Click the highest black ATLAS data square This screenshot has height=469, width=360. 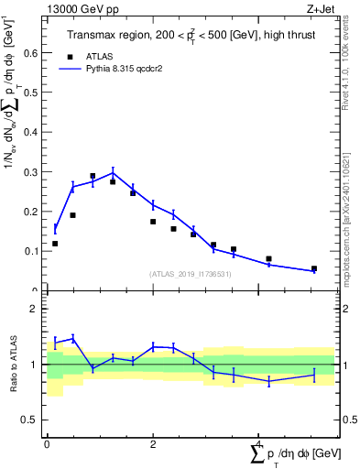(x=93, y=176)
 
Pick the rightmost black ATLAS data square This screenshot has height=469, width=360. (x=314, y=269)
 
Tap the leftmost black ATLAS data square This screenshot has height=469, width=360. (x=55, y=244)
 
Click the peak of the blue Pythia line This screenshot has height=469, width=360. (x=113, y=172)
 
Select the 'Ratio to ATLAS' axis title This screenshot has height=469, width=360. (x=14, y=364)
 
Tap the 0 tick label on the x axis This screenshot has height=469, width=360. (x=47, y=443)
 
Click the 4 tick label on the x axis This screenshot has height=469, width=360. (x=259, y=443)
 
